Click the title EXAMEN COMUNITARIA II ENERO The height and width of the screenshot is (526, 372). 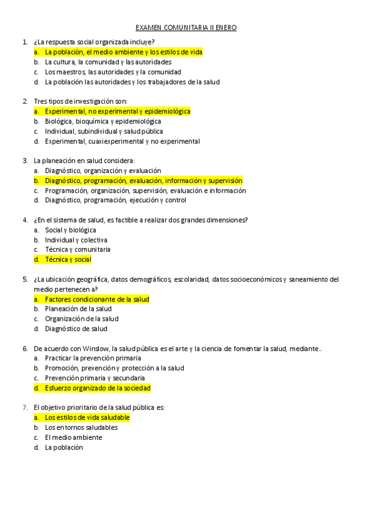tap(186, 28)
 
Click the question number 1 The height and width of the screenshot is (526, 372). tap(24, 42)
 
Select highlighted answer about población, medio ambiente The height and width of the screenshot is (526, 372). tap(124, 52)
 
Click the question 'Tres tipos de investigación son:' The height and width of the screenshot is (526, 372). tap(81, 101)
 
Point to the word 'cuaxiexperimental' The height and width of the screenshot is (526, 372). tap(117, 141)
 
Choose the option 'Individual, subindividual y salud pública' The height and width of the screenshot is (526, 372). tap(104, 131)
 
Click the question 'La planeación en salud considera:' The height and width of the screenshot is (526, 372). tap(84, 161)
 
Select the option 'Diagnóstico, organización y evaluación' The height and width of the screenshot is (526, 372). tap(102, 171)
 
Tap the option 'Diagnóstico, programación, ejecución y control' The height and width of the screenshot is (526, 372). tap(115, 200)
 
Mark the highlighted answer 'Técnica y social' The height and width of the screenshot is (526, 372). tap(68, 259)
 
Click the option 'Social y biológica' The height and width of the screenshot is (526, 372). tap(70, 230)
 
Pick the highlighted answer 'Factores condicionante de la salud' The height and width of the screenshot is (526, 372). tap(97, 299)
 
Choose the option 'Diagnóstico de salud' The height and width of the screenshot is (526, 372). tap(76, 329)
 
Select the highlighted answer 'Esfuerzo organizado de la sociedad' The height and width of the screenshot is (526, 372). tap(98, 388)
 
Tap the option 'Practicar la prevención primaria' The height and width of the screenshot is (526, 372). tap(93, 358)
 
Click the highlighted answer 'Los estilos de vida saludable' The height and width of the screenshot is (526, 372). tap(87, 417)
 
